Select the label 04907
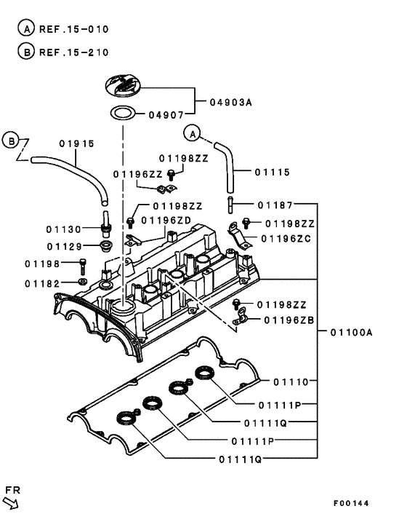(166, 114)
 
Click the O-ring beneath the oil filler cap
(122, 113)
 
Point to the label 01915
(77, 143)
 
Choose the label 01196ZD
(166, 220)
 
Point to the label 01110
(291, 381)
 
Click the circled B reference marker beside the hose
(11, 139)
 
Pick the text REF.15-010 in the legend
(74, 30)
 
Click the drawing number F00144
(351, 503)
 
